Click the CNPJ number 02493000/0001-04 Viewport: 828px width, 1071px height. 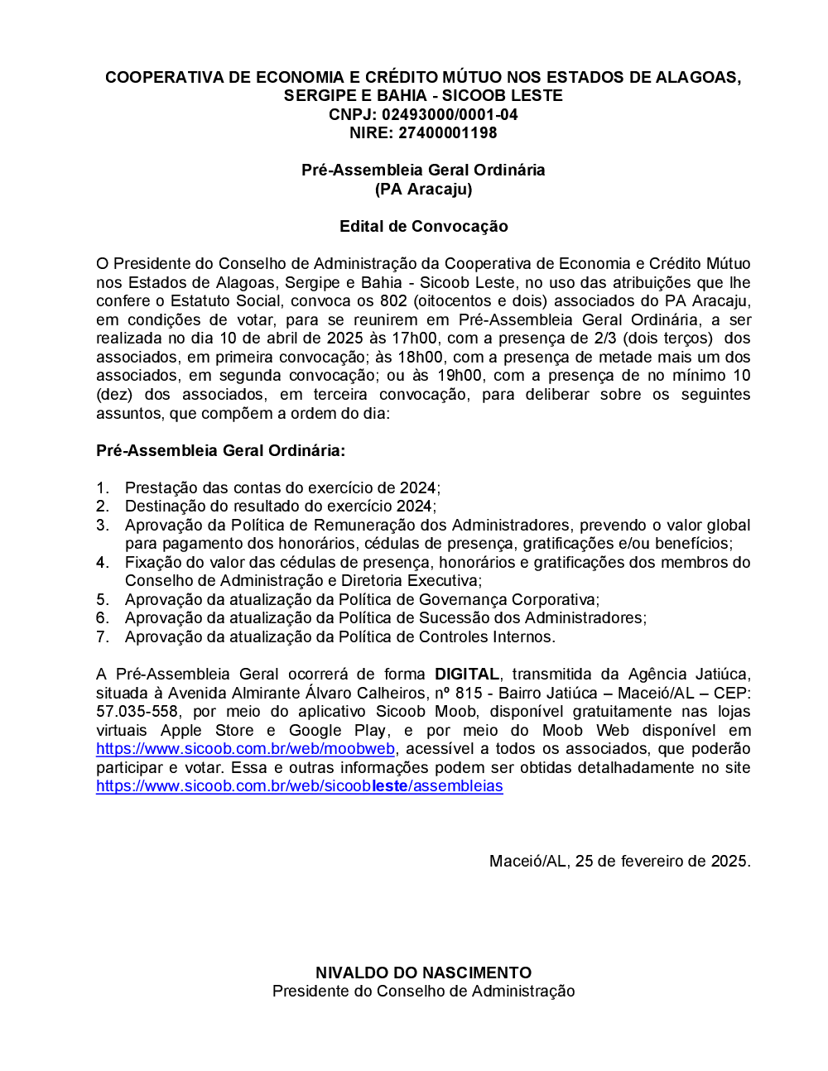tap(450, 114)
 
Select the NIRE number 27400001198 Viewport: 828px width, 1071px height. tap(447, 132)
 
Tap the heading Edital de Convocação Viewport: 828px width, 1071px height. tap(423, 226)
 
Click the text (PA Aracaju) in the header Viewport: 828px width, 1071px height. tap(423, 189)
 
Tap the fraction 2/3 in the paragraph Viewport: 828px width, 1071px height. tap(603, 339)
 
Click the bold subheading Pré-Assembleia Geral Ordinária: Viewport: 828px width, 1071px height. tap(220, 450)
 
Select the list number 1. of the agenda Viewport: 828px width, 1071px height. tap(103, 488)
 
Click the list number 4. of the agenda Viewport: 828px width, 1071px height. tap(103, 563)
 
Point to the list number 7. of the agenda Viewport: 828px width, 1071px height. tap(103, 637)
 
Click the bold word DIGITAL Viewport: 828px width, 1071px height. tap(467, 675)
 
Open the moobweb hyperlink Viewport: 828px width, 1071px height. tap(245, 749)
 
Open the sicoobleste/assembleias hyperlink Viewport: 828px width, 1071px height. tap(299, 786)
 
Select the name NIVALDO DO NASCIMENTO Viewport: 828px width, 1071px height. tap(423, 973)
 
